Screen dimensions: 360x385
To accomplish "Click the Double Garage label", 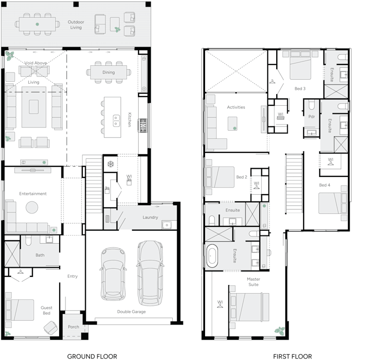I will coord(131,311).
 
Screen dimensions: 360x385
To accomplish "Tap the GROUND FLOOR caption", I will coord(92,356).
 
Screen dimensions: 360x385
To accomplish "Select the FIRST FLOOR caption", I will coord(292,356).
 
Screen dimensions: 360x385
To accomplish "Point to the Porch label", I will coord(74,327).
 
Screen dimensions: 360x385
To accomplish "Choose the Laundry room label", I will coord(150,217).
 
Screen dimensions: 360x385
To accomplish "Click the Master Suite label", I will coord(253,282).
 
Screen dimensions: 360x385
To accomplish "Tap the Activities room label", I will coord(236,107).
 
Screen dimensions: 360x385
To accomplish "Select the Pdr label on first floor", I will coord(311,116).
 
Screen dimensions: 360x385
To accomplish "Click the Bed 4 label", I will coord(324,185).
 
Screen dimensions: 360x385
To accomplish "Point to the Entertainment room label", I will coord(33,194).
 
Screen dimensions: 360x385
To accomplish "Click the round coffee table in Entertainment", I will coord(32,207).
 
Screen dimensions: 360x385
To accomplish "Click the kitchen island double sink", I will coord(115,120).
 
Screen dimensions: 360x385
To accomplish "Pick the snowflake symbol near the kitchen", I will coord(110,163).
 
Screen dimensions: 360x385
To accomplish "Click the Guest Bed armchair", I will coord(50,328).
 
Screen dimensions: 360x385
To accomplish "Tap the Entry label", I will coord(72,276).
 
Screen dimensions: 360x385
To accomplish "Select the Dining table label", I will coord(108,73).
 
